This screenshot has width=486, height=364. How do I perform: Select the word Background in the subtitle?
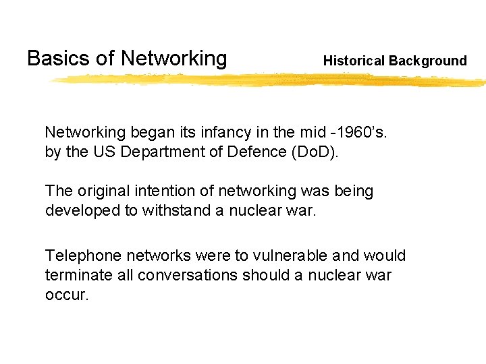tap(428, 61)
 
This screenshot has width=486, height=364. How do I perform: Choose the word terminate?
tap(75, 276)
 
